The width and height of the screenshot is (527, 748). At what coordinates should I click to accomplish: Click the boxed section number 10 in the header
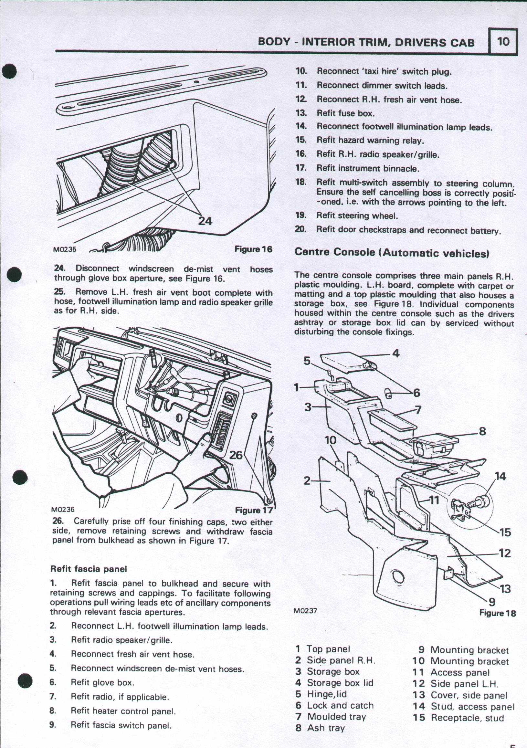(503, 41)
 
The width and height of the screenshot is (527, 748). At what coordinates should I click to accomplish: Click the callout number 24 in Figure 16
(205, 221)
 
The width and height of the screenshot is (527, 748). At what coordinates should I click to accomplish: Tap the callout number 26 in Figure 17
(236, 455)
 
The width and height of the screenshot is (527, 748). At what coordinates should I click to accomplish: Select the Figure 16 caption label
(253, 249)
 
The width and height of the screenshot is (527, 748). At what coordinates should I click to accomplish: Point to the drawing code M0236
(63, 509)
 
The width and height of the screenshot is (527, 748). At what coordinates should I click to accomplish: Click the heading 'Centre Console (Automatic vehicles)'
(392, 252)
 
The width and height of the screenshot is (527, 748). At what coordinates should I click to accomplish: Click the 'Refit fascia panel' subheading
(88, 569)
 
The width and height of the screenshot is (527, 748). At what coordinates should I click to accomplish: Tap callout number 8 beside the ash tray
(482, 431)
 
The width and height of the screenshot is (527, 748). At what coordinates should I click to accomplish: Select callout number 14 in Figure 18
(500, 476)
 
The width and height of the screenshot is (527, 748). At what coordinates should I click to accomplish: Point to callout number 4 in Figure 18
(396, 353)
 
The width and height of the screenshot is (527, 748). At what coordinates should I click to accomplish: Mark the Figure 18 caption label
(498, 613)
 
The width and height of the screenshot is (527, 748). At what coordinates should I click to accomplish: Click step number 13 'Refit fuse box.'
(301, 113)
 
